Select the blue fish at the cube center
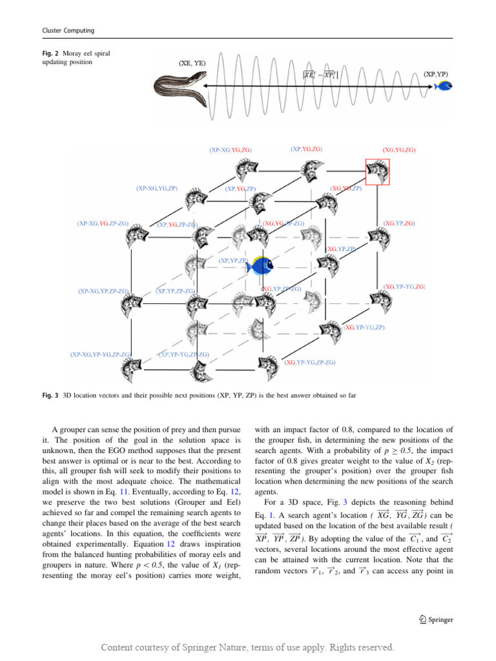coord(262,263)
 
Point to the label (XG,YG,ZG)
coord(398,150)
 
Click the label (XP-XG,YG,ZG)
coord(230,150)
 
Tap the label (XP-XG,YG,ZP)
coord(156,188)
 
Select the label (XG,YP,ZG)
coord(398,223)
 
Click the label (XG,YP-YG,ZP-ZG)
coord(310,363)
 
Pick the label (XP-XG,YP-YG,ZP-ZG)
coord(101,354)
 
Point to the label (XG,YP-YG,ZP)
coord(364,327)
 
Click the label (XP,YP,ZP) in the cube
coord(233,261)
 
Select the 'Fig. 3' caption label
coord(50,393)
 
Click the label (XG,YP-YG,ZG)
coord(404,285)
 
